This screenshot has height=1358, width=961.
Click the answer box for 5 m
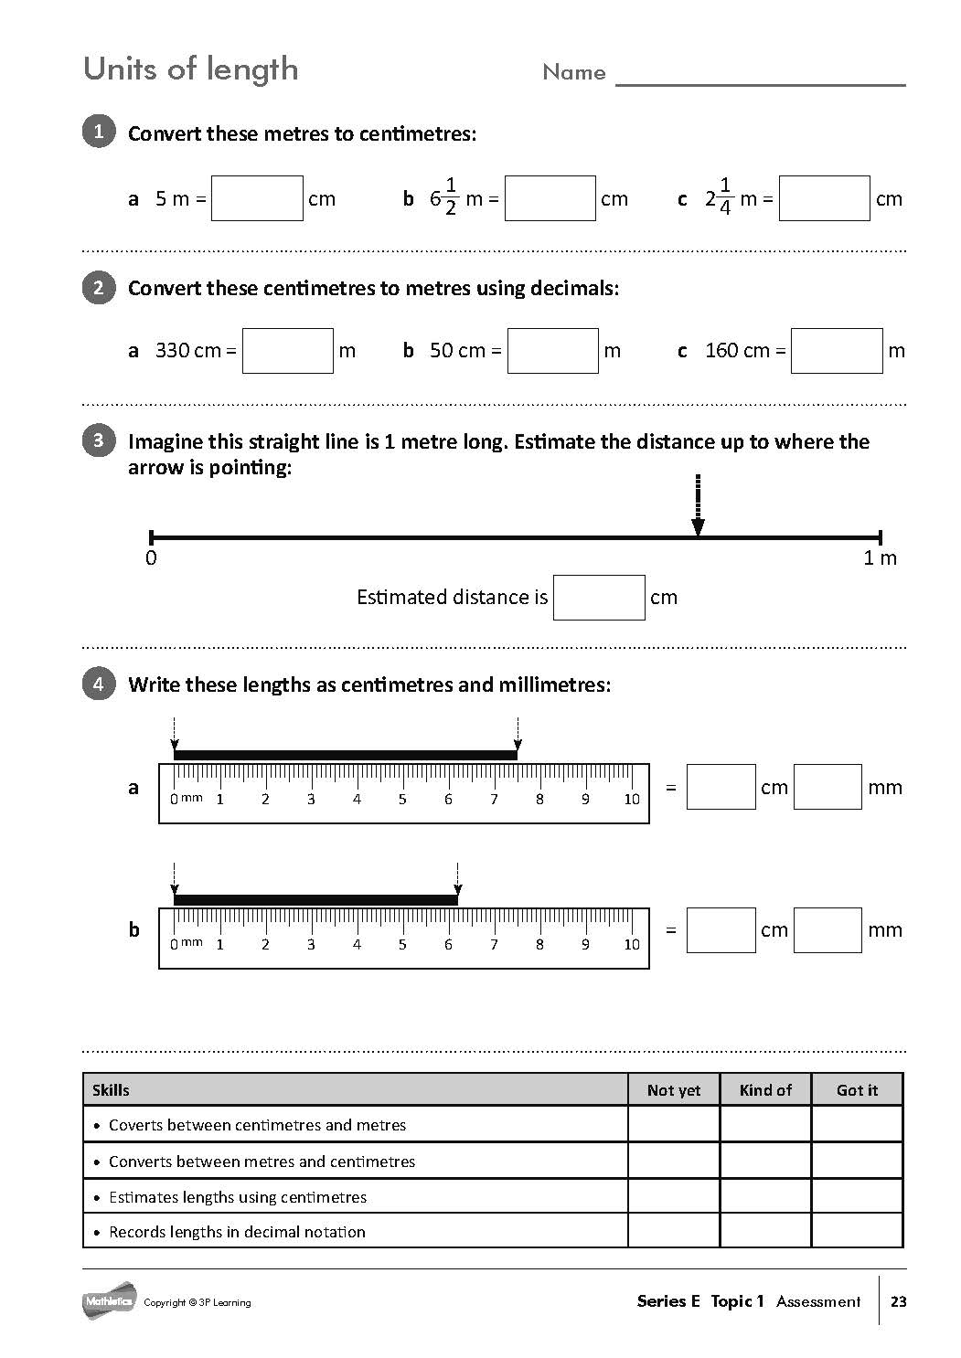[x=257, y=198]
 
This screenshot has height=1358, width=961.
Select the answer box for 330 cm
[x=288, y=351]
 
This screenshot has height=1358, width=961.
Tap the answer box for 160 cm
[x=837, y=351]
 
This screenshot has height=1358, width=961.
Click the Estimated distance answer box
[x=599, y=598]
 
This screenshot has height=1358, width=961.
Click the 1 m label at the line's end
[x=880, y=558]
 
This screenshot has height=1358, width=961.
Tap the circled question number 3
[x=99, y=440]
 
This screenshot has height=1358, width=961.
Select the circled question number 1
[x=99, y=132]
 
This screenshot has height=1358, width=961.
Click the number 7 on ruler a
[x=494, y=800]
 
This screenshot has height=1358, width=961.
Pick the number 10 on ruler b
[x=632, y=945]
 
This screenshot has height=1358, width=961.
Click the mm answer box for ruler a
[x=828, y=787]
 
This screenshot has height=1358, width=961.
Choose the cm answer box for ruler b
[x=721, y=930]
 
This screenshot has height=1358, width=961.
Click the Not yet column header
[x=674, y=1090]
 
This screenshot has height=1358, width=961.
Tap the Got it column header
[x=857, y=1090]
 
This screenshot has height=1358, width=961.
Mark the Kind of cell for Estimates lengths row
[x=765, y=1196]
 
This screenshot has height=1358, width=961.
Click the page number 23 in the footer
[x=899, y=1301]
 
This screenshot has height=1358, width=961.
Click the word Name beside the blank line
[x=574, y=72]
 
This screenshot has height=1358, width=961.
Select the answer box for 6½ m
[x=550, y=198]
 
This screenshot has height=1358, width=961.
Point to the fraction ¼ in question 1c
[x=725, y=197]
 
